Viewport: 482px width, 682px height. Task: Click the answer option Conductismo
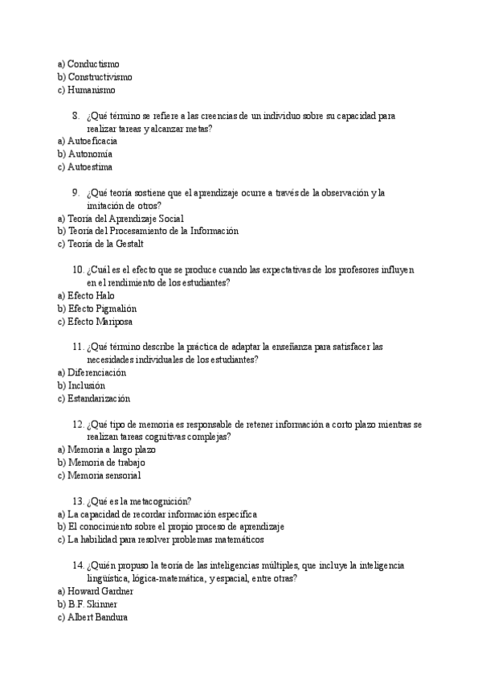[x=95, y=64]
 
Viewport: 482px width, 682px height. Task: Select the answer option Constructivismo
[x=100, y=77]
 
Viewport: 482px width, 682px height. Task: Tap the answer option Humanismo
[x=91, y=90]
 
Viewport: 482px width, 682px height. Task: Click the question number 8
[x=76, y=116]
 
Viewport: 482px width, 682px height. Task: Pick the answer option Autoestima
[x=90, y=167]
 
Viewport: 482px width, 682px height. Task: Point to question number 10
[x=78, y=270]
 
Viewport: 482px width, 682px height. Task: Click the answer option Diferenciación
[x=97, y=372]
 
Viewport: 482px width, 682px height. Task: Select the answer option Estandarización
[x=98, y=398]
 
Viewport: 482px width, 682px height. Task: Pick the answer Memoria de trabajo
[x=106, y=462]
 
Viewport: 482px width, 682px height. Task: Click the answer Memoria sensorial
[x=104, y=475]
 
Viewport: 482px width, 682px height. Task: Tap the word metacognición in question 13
[x=161, y=501]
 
